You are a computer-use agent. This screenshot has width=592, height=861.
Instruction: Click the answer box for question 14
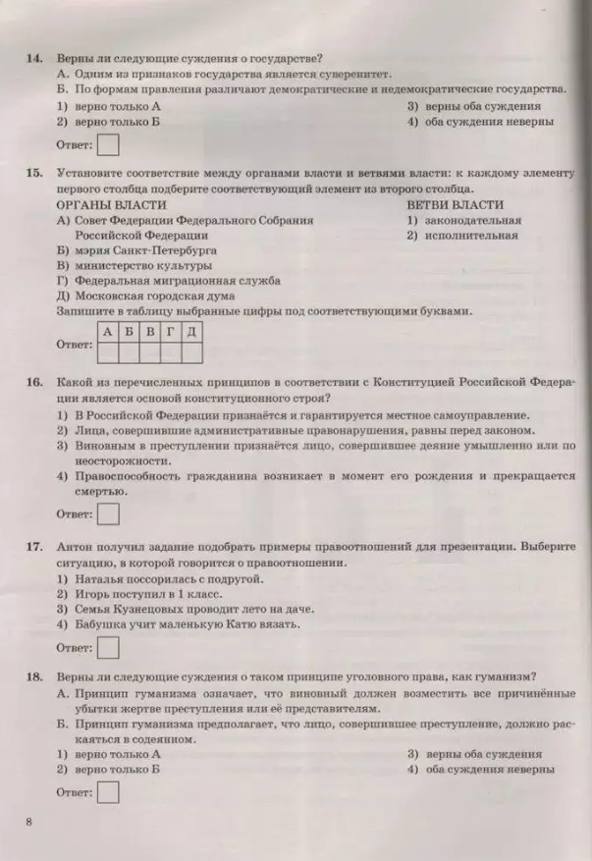tap(111, 145)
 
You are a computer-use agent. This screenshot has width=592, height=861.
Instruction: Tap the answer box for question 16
tap(111, 513)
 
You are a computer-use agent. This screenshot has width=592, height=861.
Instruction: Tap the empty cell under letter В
tap(149, 351)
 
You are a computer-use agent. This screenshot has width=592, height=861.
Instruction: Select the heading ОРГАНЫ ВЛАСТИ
tap(111, 205)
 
